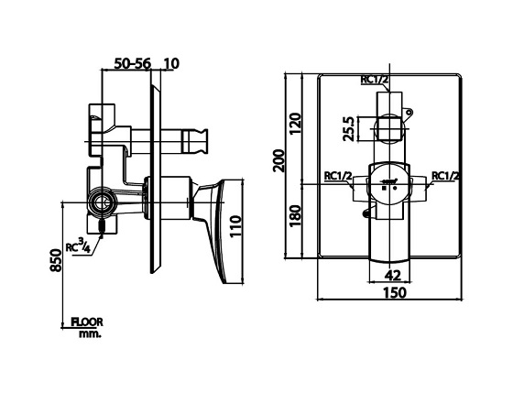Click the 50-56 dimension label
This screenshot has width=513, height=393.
(133, 63)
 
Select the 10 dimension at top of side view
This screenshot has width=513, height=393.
(172, 63)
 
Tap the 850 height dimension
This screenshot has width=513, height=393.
(56, 260)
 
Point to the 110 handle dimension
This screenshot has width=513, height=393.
(235, 226)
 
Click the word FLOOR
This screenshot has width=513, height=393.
(87, 322)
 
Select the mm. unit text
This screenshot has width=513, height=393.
(90, 334)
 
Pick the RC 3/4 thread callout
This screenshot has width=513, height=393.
(78, 246)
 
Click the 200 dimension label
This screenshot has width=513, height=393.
(279, 160)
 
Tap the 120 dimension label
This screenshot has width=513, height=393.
(295, 124)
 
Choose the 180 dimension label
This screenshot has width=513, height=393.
(295, 216)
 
